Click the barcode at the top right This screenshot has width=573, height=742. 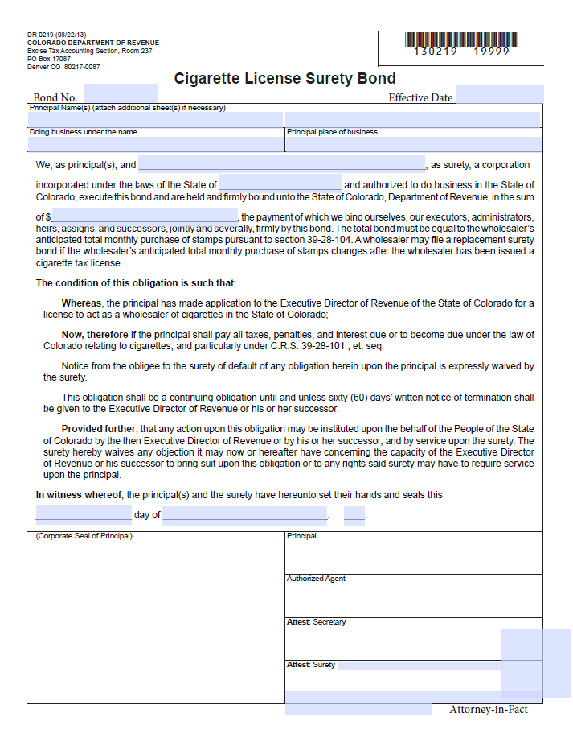tap(461, 39)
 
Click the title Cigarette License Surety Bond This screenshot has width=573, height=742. tap(285, 78)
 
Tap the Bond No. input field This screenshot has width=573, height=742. tap(120, 94)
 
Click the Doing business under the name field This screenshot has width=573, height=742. tap(155, 144)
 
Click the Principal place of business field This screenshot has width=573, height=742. tap(413, 144)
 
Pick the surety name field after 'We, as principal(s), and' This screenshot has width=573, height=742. tap(281, 164)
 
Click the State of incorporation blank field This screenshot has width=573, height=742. tap(280, 184)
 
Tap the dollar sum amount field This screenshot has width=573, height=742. tap(145, 216)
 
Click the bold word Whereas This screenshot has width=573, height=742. tap(81, 303)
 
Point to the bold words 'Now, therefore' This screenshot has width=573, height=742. tap(95, 334)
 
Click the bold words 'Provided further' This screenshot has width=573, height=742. tap(99, 429)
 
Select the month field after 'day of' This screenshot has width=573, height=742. tap(245, 515)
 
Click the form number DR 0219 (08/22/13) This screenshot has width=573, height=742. tap(55, 35)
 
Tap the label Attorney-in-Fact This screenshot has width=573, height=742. tap(489, 709)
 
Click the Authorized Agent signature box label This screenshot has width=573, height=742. tap(316, 579)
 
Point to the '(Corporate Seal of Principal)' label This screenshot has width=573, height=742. tap(84, 536)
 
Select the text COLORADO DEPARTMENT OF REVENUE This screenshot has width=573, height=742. tap(92, 43)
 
